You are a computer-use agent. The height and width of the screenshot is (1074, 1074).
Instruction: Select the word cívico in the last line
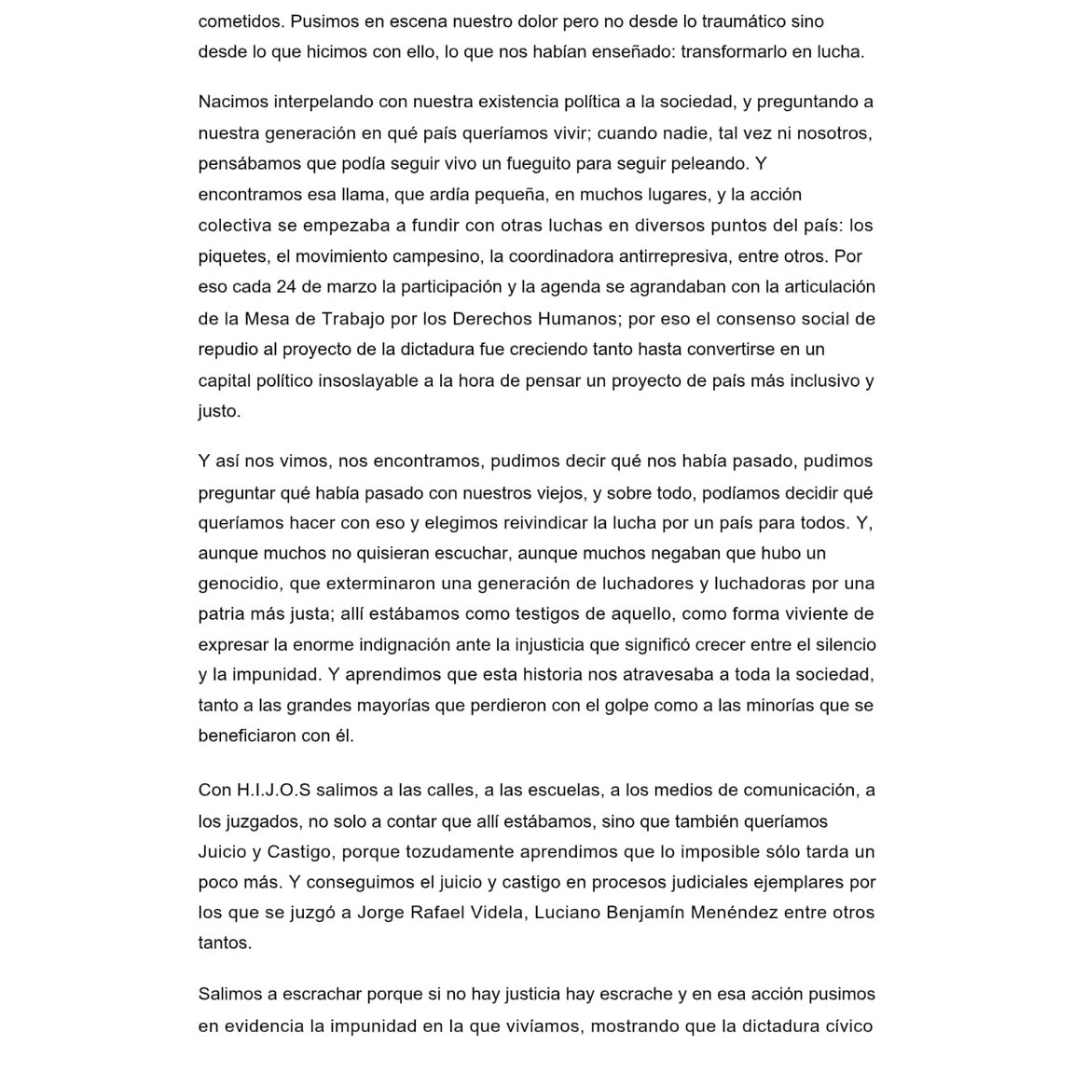click(x=848, y=1026)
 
